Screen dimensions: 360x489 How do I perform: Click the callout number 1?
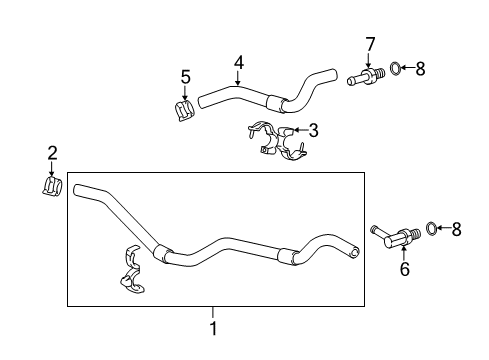tap(213, 327)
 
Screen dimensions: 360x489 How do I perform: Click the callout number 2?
tap(52, 153)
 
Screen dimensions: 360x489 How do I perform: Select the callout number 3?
tap(313, 129)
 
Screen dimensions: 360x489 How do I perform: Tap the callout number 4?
tap(239, 63)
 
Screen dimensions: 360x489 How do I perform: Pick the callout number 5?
tap(185, 76)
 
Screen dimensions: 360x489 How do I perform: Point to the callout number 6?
tap(404, 269)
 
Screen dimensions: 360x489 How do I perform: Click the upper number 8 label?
tap(420, 69)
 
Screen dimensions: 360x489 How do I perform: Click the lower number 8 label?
tap(457, 229)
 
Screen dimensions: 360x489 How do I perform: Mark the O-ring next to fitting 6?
tap(432, 229)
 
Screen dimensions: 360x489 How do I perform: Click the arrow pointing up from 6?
tap(404, 251)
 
